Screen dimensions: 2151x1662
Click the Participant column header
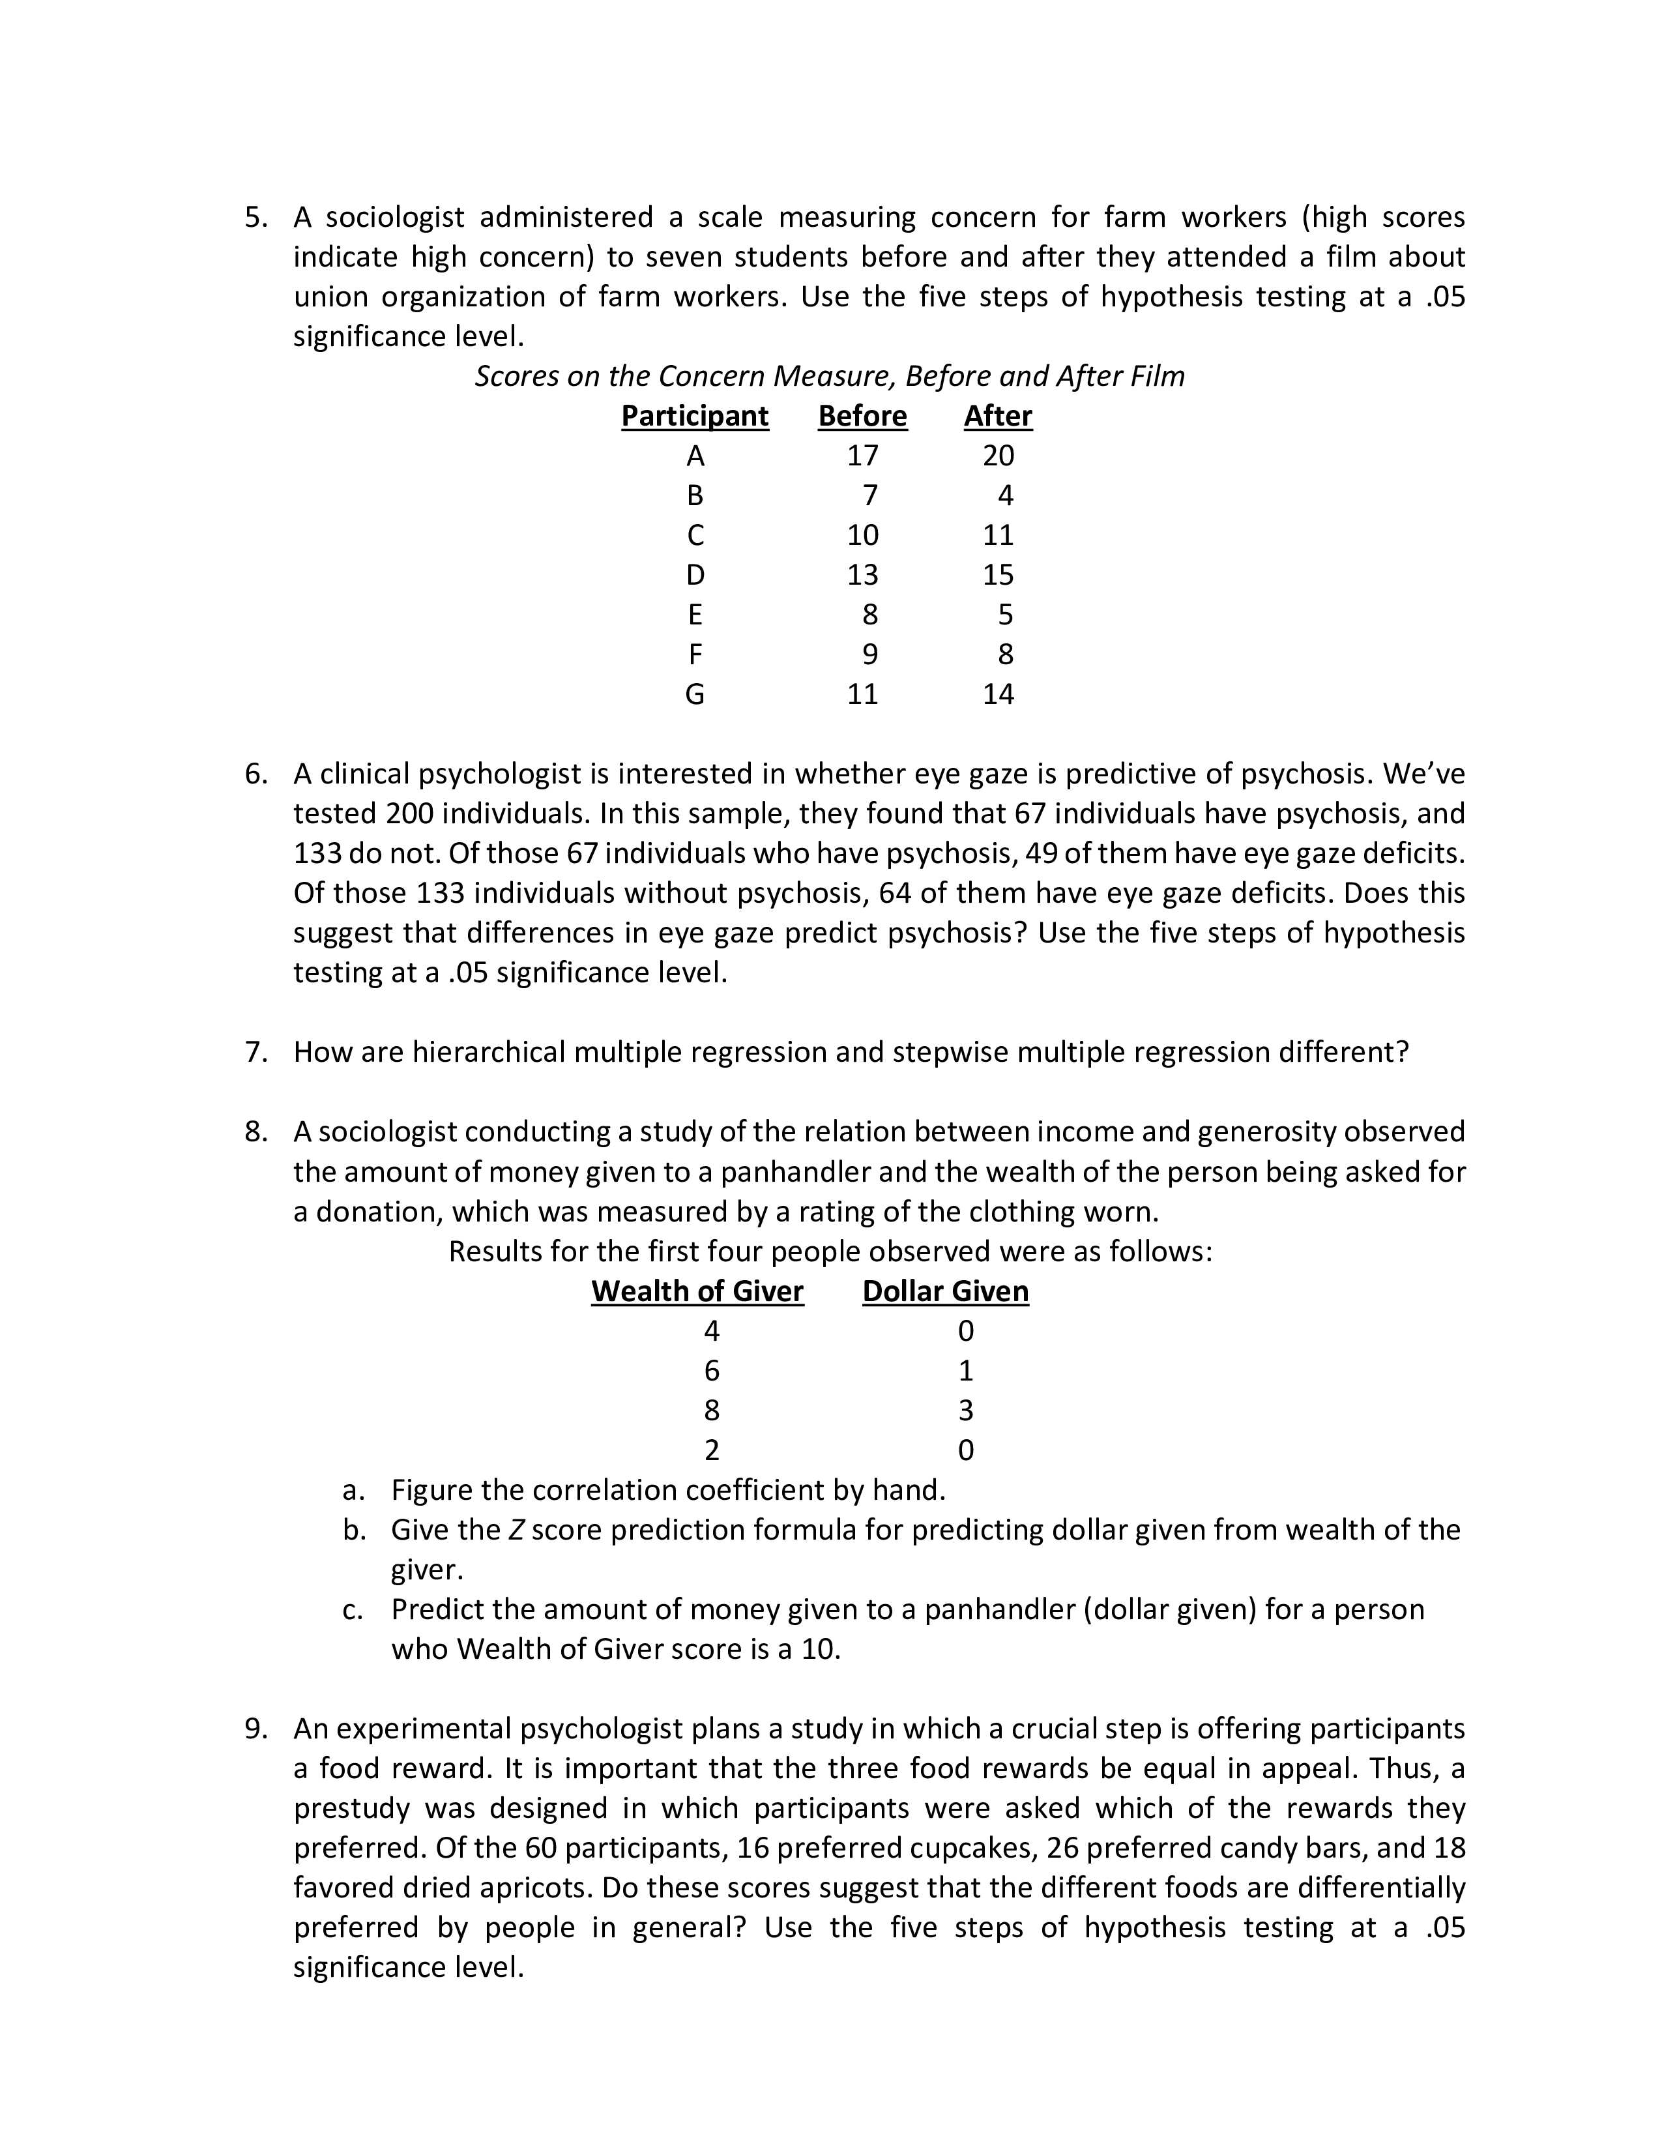tap(694, 416)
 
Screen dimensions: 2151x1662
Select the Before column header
tap(862, 416)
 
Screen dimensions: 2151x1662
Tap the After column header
tap(997, 416)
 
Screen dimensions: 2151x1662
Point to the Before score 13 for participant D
tap(862, 574)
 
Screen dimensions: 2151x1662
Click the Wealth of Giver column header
tap(697, 1291)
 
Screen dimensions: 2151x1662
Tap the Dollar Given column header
tap(945, 1291)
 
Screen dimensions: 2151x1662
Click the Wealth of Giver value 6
tap(711, 1371)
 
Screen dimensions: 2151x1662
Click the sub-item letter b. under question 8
tap(353, 1530)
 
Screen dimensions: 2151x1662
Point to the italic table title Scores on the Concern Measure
tap(829, 376)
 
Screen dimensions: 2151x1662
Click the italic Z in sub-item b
tap(516, 1530)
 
